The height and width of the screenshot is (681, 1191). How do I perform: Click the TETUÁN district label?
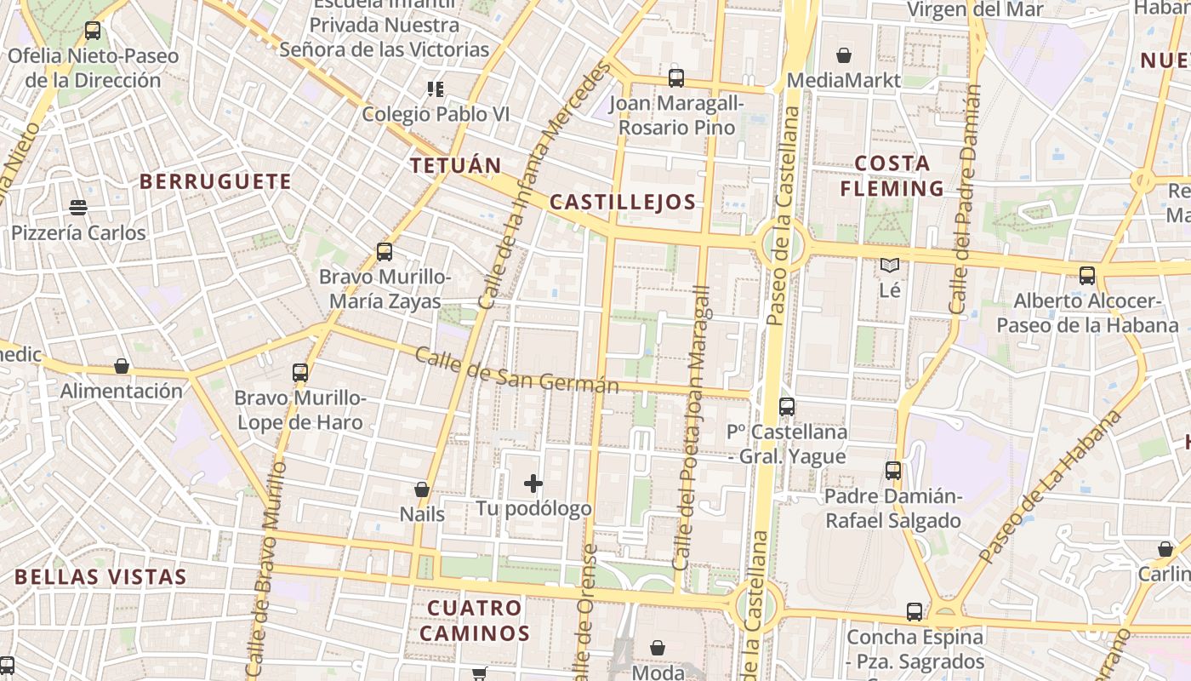pyautogui.click(x=456, y=165)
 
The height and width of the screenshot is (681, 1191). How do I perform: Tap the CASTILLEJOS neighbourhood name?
pyautogui.click(x=623, y=202)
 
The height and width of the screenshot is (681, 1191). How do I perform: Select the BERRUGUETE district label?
pyautogui.click(x=215, y=181)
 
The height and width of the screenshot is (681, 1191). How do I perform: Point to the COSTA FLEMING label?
pyautogui.click(x=892, y=176)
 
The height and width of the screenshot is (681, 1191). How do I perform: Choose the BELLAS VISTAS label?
pyautogui.click(x=100, y=576)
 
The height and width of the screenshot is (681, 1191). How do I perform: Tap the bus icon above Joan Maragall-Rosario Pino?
pyautogui.click(x=676, y=78)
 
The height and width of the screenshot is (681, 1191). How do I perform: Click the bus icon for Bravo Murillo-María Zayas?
pyautogui.click(x=385, y=252)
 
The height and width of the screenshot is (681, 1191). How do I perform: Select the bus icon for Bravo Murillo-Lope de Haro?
pyautogui.click(x=300, y=372)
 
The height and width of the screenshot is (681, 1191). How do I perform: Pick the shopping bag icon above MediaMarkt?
pyautogui.click(x=844, y=55)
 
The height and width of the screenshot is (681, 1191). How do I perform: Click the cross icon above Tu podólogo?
pyautogui.click(x=533, y=484)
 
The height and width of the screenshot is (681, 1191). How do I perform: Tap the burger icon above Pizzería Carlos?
pyautogui.click(x=78, y=208)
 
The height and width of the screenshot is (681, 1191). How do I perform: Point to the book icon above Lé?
pyautogui.click(x=890, y=266)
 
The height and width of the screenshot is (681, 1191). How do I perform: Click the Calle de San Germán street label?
pyautogui.click(x=516, y=370)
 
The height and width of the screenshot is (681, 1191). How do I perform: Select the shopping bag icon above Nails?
pyautogui.click(x=422, y=489)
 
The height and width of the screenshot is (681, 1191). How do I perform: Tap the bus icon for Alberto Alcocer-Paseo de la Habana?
pyautogui.click(x=1087, y=276)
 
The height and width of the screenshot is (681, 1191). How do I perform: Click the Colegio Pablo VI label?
pyautogui.click(x=436, y=114)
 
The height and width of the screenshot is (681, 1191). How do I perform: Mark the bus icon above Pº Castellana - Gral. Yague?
pyautogui.click(x=787, y=407)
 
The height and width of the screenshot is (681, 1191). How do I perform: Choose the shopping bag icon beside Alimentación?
pyautogui.click(x=122, y=366)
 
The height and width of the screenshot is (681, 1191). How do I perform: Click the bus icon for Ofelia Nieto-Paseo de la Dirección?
pyautogui.click(x=93, y=31)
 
